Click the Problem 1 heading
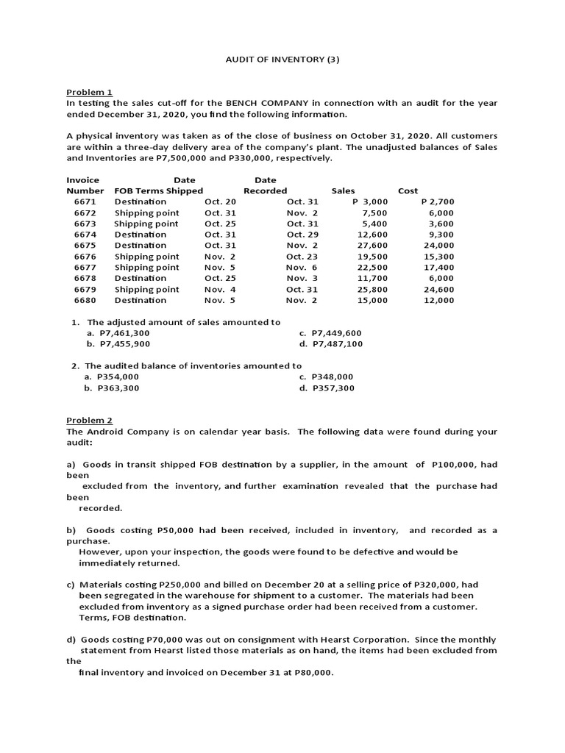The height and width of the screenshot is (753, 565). pyautogui.click(x=89, y=92)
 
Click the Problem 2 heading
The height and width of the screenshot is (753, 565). pyautogui.click(x=89, y=420)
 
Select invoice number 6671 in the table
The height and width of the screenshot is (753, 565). pyautogui.click(x=85, y=201)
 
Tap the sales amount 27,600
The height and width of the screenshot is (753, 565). pyautogui.click(x=372, y=245)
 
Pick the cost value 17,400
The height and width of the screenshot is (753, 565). pyautogui.click(x=438, y=267)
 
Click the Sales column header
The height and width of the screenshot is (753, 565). pyautogui.click(x=343, y=190)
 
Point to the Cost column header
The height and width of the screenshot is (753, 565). pyautogui.click(x=408, y=190)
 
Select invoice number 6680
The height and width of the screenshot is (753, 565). pyautogui.click(x=85, y=299)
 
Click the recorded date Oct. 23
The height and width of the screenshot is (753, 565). pyautogui.click(x=302, y=256)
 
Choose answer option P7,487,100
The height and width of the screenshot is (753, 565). pyautogui.click(x=336, y=343)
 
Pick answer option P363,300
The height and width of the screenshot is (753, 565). pyautogui.click(x=118, y=388)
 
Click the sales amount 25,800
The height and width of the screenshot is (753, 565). pyautogui.click(x=372, y=289)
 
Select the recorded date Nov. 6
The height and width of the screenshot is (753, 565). pyautogui.click(x=302, y=267)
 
